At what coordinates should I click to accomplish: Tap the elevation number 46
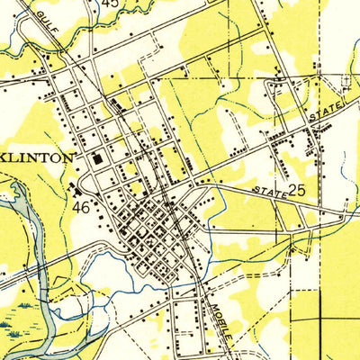[x=81, y=206]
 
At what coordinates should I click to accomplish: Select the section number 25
[x=298, y=191]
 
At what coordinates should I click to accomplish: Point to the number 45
[x=110, y=4]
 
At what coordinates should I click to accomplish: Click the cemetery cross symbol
[x=345, y=82]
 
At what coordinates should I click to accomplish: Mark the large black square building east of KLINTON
[x=97, y=159]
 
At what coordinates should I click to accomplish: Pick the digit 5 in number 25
[x=303, y=191]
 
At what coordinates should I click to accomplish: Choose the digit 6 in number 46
[x=85, y=206]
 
